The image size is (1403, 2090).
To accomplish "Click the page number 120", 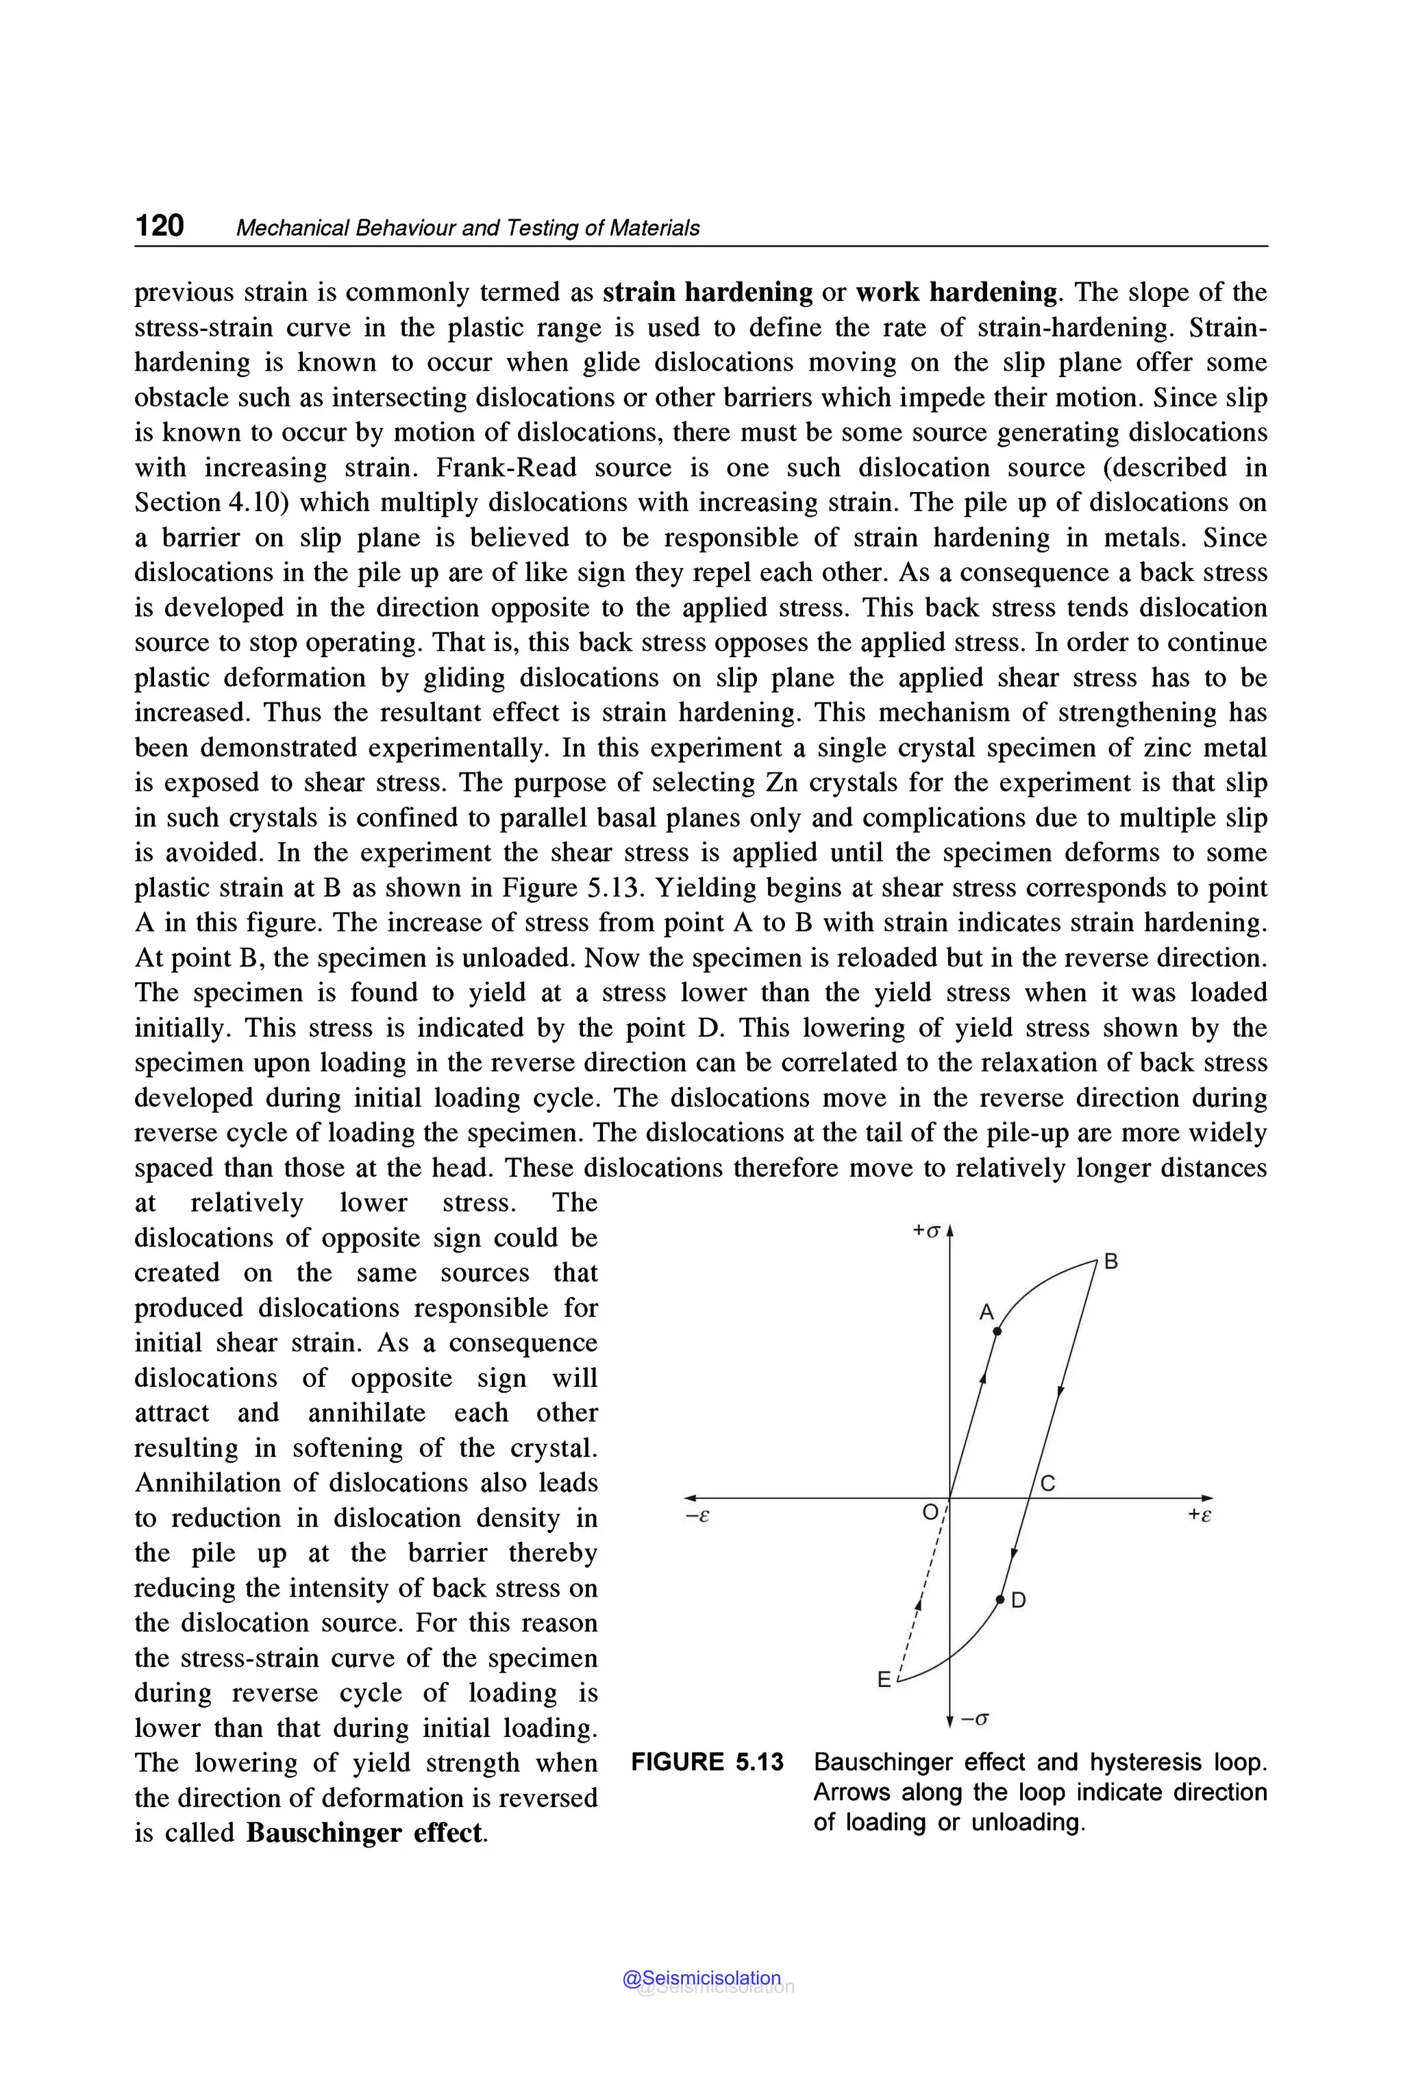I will [x=159, y=225].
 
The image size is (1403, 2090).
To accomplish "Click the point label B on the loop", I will [x=1110, y=1262].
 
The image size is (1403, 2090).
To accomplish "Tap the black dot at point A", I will [x=997, y=1332].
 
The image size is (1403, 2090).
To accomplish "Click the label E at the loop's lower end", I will [x=884, y=1680].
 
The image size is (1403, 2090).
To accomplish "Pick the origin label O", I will [x=930, y=1512].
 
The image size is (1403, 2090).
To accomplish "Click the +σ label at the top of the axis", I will [x=926, y=1231].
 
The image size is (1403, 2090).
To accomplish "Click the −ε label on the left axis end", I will [x=697, y=1516].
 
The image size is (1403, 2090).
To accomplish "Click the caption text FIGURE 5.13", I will [x=707, y=1762].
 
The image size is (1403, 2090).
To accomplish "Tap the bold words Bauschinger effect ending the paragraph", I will [x=365, y=1832].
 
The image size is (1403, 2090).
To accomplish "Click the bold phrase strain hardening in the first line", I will [x=708, y=293].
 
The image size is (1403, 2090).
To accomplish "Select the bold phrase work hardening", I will [x=956, y=293].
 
